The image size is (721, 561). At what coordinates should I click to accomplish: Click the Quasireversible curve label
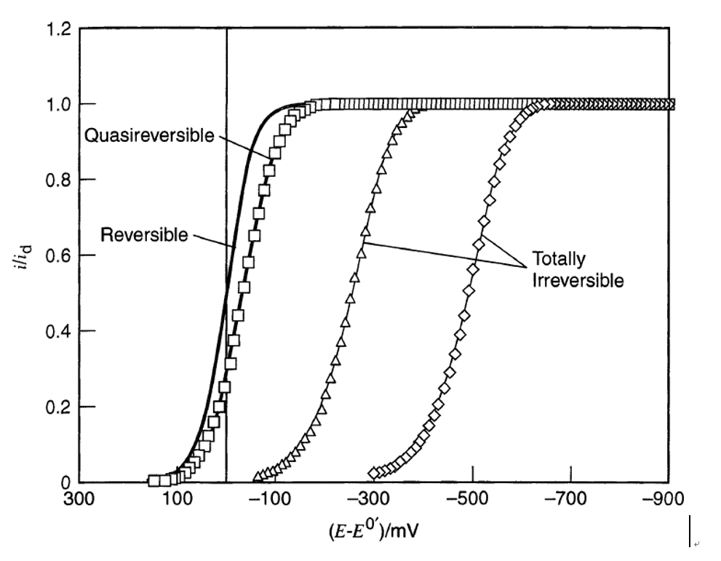[x=145, y=135]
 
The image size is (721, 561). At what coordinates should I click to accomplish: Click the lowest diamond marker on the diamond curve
[x=375, y=473]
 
